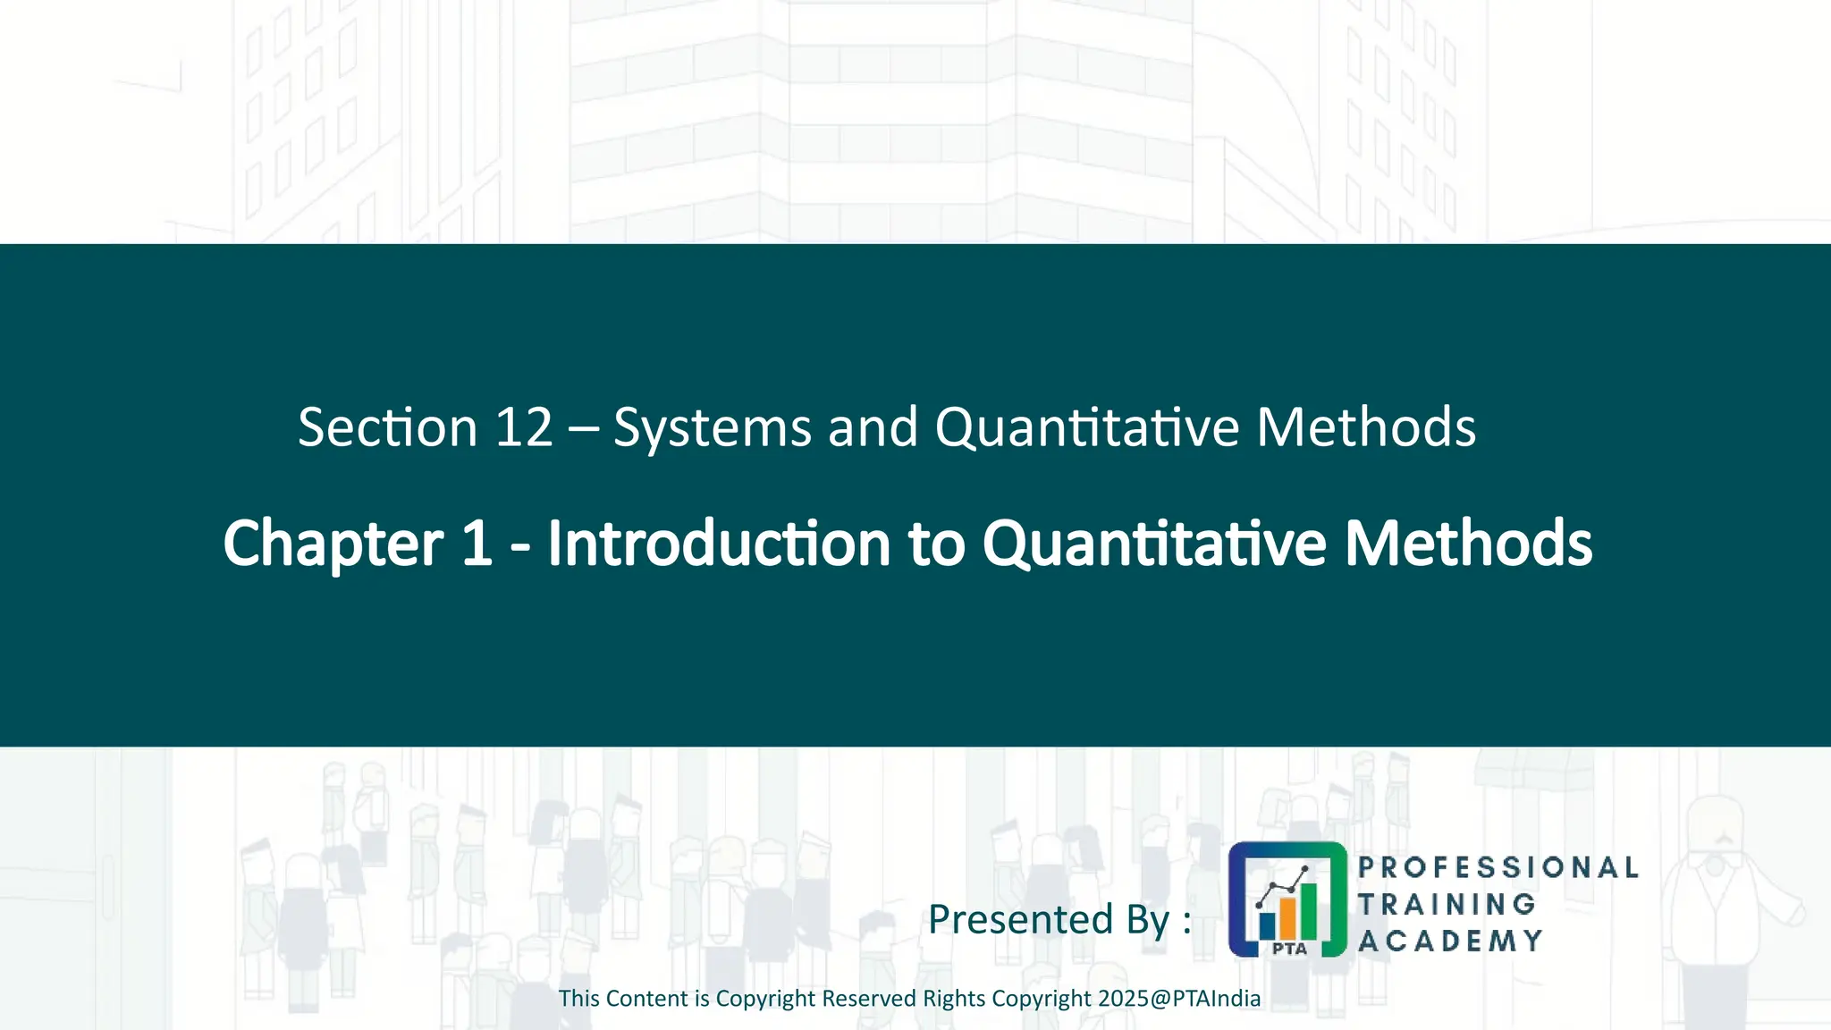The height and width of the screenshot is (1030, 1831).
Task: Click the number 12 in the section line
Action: (x=524, y=427)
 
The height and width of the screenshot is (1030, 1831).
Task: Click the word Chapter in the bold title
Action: (x=333, y=545)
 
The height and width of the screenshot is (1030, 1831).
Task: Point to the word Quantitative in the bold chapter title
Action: (x=1153, y=545)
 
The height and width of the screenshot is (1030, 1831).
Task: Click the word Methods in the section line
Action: (x=1365, y=427)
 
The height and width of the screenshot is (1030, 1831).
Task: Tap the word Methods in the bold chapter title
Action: (x=1468, y=543)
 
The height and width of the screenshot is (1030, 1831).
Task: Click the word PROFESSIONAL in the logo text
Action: (x=1498, y=867)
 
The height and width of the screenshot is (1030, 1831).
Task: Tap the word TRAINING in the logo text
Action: (x=1447, y=904)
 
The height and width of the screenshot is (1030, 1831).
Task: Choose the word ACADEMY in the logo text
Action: (x=1450, y=941)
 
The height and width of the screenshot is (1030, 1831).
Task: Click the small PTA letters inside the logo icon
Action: (x=1289, y=949)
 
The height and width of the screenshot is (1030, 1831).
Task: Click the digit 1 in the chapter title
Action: (x=477, y=543)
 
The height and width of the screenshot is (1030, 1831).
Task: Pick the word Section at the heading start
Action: (x=387, y=427)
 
